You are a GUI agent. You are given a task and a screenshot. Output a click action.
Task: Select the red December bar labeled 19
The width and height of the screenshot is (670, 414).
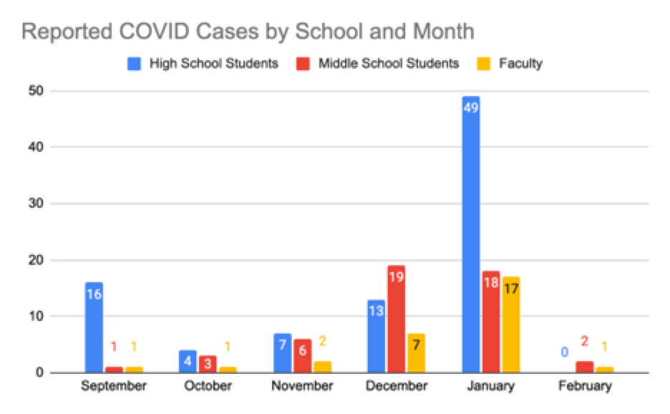[x=396, y=319]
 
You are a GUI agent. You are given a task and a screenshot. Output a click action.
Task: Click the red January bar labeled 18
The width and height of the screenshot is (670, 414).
[x=490, y=322]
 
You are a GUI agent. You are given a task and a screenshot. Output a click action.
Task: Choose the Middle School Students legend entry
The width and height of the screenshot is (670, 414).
[x=379, y=64]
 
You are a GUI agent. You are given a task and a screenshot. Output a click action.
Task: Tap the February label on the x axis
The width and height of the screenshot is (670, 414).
[x=586, y=387]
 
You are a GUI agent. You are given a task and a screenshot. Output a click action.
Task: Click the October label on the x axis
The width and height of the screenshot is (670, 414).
[x=208, y=387]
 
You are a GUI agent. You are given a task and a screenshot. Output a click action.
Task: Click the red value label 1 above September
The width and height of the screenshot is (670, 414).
[x=113, y=347]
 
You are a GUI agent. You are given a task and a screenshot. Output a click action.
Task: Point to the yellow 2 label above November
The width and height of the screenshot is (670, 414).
[x=322, y=342]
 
